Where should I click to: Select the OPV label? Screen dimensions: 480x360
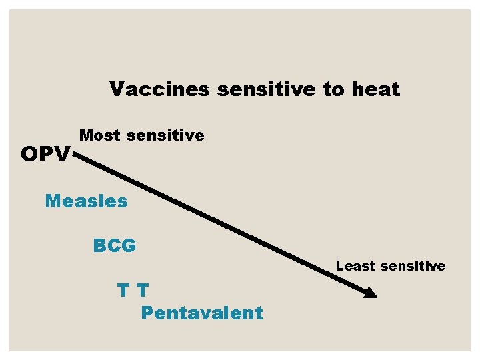click(x=45, y=155)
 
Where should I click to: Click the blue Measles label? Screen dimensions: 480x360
click(x=86, y=201)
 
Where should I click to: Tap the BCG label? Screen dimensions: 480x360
click(x=115, y=246)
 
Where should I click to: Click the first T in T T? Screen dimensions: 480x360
click(x=123, y=291)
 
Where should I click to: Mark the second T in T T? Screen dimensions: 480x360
click(x=142, y=291)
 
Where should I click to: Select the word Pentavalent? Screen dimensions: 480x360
click(x=202, y=313)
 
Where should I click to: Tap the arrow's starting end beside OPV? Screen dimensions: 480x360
click(x=75, y=155)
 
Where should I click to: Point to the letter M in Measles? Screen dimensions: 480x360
click(x=53, y=201)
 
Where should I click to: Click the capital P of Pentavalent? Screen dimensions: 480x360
click(x=147, y=313)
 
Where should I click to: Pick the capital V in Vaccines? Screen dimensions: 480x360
click(x=117, y=89)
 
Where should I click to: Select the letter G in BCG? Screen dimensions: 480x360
click(x=129, y=246)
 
